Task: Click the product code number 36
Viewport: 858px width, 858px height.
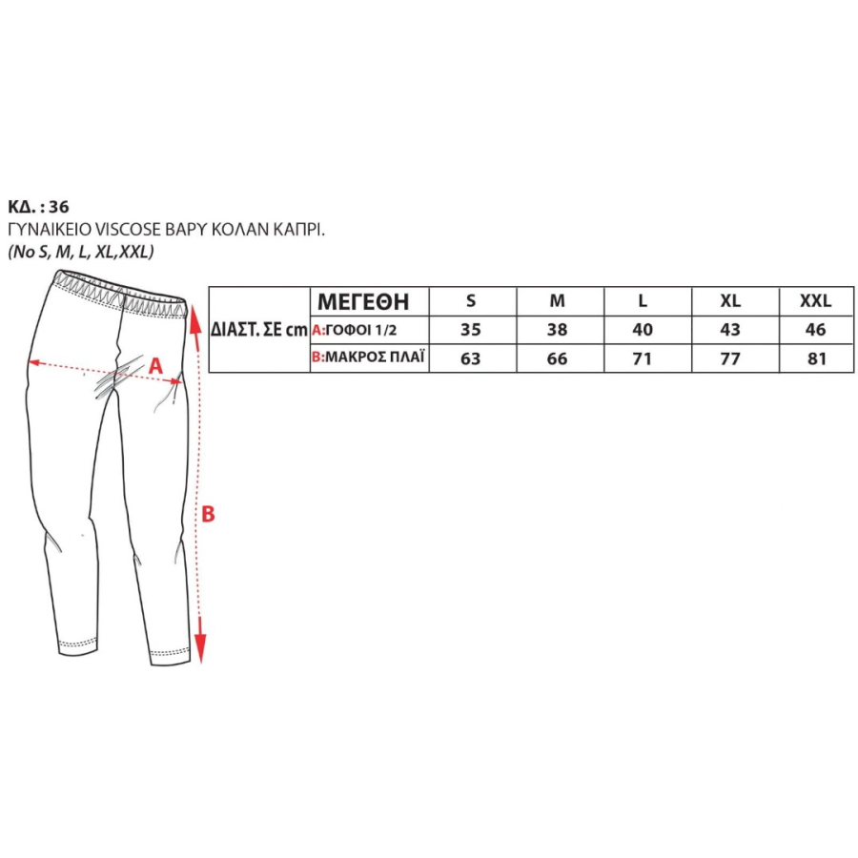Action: [x=58, y=207]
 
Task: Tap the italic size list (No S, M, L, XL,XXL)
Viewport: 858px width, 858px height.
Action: [x=81, y=252]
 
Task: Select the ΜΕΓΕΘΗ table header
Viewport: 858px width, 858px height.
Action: [x=363, y=301]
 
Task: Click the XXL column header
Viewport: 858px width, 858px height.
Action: [x=815, y=300]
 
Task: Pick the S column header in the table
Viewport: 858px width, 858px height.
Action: [x=471, y=300]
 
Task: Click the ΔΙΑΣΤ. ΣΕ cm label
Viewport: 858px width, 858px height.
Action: [x=259, y=330]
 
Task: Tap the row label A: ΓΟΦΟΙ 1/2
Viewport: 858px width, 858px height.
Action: [x=354, y=330]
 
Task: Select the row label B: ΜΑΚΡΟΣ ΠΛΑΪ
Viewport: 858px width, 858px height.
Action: [x=368, y=357]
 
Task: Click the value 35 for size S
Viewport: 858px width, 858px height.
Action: [x=471, y=330]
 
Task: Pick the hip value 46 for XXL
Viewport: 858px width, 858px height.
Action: [x=815, y=330]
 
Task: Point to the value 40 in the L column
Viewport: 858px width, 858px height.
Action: [x=643, y=330]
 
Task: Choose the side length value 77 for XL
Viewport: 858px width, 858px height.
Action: [x=730, y=359]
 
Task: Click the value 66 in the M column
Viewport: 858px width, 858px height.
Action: [x=557, y=359]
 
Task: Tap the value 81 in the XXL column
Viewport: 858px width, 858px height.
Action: [x=816, y=359]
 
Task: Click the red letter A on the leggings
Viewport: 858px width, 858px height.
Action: [x=156, y=365]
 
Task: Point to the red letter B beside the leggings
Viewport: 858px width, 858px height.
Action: [x=209, y=515]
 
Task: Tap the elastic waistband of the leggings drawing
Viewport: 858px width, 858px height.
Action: [x=121, y=293]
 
